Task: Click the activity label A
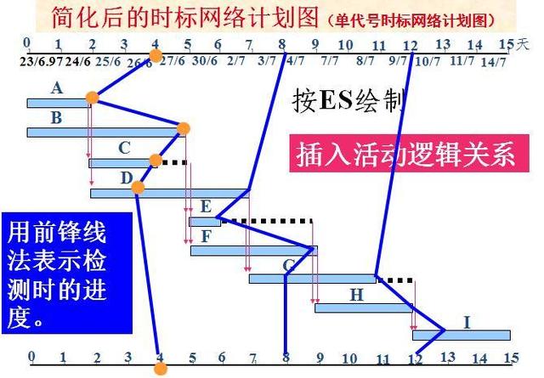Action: tap(57, 87)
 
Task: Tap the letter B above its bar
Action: tap(56, 118)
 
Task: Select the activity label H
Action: tap(356, 294)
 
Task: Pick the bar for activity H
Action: tap(365, 307)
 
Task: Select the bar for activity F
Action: tap(253, 250)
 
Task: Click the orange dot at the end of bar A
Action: tap(92, 99)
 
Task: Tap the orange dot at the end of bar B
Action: tap(183, 128)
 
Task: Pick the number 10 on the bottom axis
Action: tap(350, 358)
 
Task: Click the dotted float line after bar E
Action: tap(266, 221)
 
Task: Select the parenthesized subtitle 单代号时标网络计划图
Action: tap(423, 19)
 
